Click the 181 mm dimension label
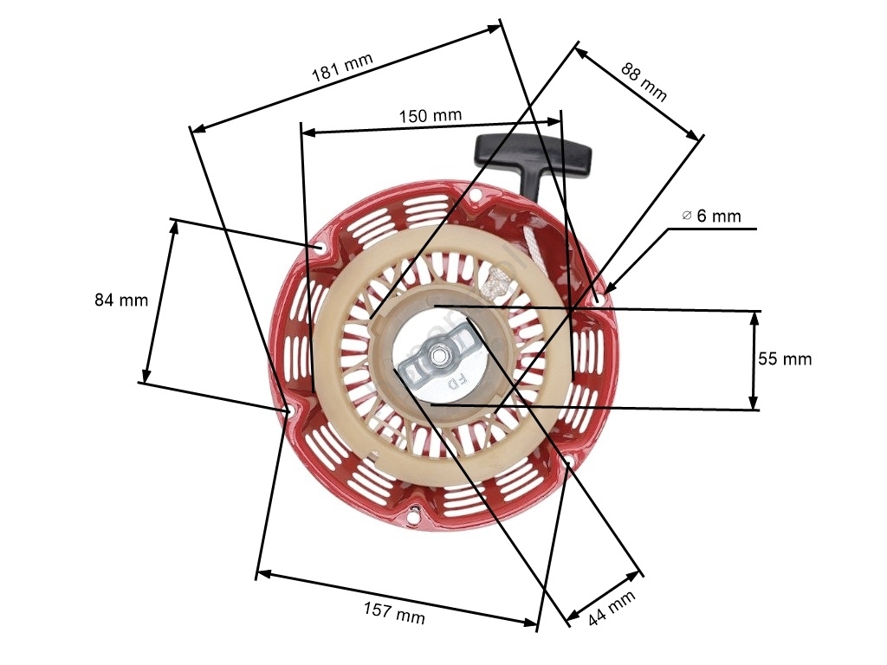[x=342, y=68]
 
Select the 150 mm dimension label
[x=431, y=116]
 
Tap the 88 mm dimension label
[x=644, y=81]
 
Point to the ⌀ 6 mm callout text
[x=712, y=216]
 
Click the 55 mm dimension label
[x=785, y=358]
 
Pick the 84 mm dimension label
[x=121, y=300]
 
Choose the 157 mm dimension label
[x=394, y=612]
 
